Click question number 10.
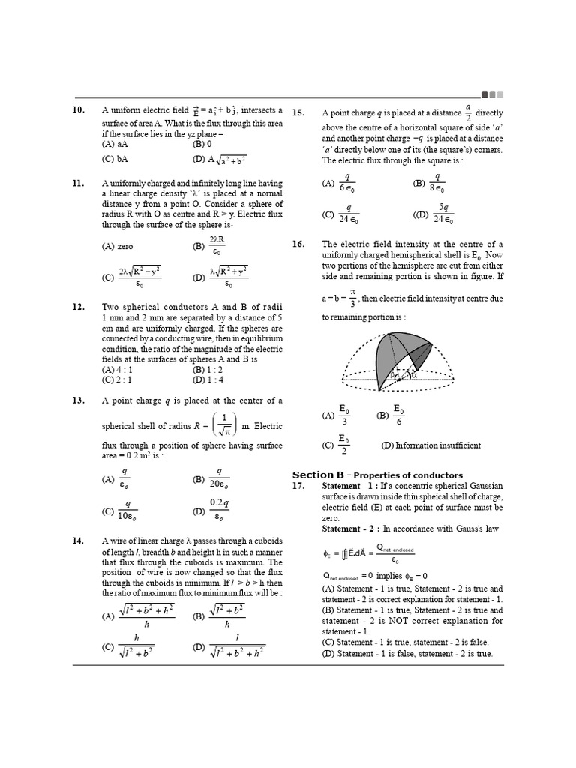coord(78,110)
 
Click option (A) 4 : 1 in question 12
coord(118,369)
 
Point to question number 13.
coord(78,400)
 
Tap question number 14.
coord(78,540)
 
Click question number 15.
coord(298,112)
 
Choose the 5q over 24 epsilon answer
coord(436,213)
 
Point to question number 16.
coord(298,244)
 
